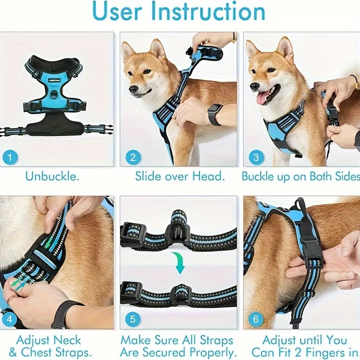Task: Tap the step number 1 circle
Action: coord(10,157)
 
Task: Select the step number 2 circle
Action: coord(133,157)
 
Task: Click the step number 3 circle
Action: coord(256,157)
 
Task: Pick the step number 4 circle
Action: coord(10,319)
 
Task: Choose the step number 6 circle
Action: coord(256,319)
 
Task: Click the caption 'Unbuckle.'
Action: coord(52,176)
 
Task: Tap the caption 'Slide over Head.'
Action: coord(180,176)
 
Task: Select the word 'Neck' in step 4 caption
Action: coord(66,340)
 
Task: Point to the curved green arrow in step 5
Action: coord(180,262)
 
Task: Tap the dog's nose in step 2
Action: coord(133,89)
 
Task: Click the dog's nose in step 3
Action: coord(255,85)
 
